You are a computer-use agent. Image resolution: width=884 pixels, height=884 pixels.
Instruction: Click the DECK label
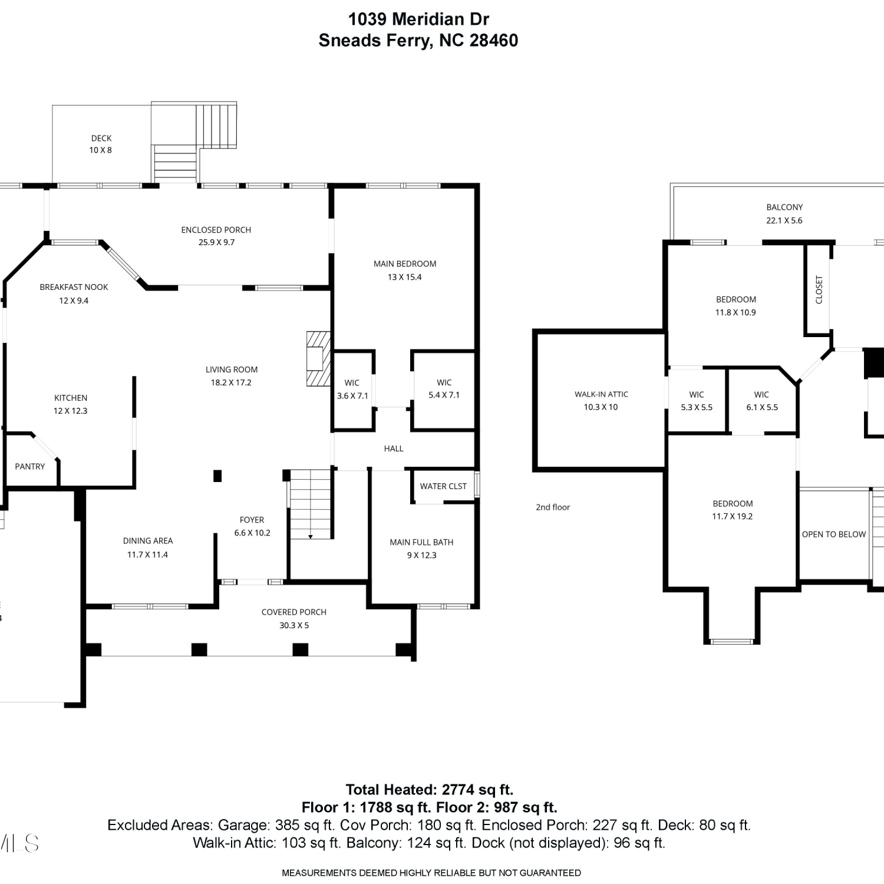[101, 138]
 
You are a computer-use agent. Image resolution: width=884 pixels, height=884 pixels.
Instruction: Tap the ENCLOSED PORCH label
[216, 230]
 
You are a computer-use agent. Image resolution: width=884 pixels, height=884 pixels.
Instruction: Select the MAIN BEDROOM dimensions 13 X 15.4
[405, 277]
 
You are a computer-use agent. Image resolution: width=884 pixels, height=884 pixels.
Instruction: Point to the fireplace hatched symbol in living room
[318, 359]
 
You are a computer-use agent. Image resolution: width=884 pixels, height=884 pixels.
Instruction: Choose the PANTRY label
[30, 466]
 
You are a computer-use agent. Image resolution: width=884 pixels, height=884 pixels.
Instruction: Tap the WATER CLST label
[443, 486]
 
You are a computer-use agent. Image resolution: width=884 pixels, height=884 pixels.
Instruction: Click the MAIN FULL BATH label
[421, 542]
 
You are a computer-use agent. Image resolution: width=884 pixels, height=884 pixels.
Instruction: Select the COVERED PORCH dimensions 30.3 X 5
[294, 625]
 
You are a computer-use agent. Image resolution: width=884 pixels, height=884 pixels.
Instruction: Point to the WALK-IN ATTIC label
[601, 394]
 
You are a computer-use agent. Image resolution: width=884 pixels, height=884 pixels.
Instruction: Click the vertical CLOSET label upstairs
[819, 290]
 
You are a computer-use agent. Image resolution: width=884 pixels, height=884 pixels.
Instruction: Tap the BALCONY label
[784, 207]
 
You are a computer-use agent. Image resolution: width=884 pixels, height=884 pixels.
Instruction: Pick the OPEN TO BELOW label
[834, 535]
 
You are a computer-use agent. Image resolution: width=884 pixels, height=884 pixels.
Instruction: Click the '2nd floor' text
[553, 507]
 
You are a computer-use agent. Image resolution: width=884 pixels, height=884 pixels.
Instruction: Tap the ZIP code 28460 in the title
[494, 40]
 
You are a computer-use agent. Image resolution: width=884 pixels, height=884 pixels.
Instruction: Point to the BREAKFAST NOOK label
[74, 287]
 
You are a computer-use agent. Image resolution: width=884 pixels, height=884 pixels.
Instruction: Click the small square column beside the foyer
[217, 476]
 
